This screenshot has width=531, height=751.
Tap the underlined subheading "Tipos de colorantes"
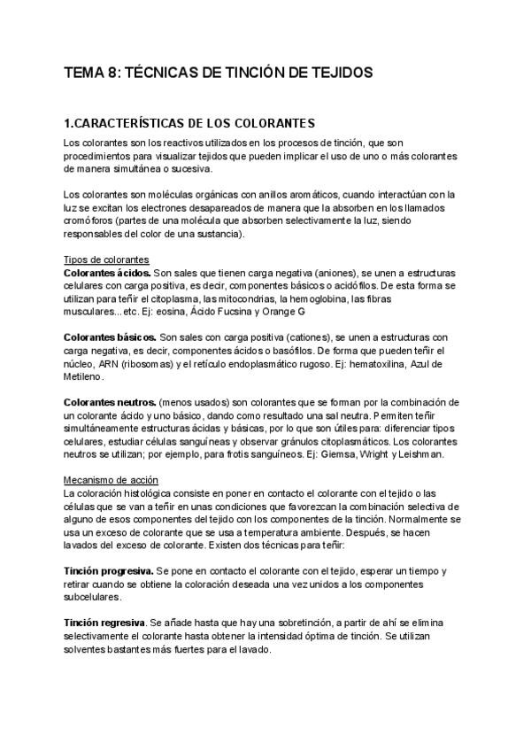coord(100,260)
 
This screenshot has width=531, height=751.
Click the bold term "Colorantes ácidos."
coord(107,274)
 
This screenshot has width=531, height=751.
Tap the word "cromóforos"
coord(89,221)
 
